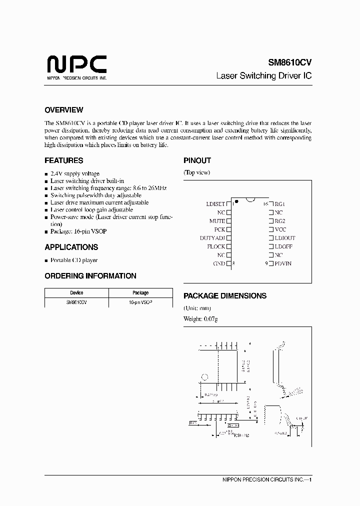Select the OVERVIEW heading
(63, 110)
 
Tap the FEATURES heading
(63, 160)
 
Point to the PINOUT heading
(197, 160)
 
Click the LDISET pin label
(215, 204)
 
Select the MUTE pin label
(217, 220)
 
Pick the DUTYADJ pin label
(212, 238)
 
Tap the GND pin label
(219, 263)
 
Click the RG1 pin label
(279, 204)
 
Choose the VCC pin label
(280, 229)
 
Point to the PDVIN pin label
(282, 263)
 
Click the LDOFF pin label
(283, 246)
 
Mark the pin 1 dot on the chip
(236, 201)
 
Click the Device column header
(76, 293)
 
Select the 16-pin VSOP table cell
(140, 302)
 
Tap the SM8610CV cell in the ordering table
(76, 302)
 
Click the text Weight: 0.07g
(200, 319)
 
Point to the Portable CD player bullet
(74, 260)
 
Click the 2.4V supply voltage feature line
(75, 173)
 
